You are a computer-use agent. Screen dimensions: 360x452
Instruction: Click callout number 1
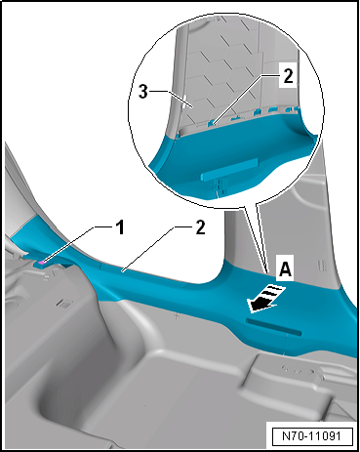coord(121,226)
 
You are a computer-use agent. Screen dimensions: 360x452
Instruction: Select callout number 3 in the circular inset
coord(143,92)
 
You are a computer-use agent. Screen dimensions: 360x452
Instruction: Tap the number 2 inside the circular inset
coord(288,76)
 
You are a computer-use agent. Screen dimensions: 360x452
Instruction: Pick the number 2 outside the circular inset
coord(201,226)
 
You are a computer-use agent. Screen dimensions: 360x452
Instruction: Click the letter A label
coord(285,269)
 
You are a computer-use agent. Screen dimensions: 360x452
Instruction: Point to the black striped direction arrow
coord(266,298)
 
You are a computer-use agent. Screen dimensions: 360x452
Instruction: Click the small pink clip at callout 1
coord(42,263)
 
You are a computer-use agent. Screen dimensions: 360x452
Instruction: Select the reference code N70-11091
coord(311,435)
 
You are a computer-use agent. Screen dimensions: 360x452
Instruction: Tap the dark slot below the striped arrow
coord(273,326)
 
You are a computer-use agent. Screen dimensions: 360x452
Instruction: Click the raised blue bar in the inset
coord(229,169)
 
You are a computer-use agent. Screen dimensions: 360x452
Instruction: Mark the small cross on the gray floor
coord(176,315)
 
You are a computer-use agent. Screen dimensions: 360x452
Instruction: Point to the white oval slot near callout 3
coord(184,102)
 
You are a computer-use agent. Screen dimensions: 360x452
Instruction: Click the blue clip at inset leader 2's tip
coord(212,123)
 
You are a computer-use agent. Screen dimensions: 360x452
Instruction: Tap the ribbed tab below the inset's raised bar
coord(220,187)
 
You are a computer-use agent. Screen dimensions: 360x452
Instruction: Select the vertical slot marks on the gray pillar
coord(321,265)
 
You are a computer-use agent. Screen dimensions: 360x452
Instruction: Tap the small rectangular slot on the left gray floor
coord(62,303)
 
